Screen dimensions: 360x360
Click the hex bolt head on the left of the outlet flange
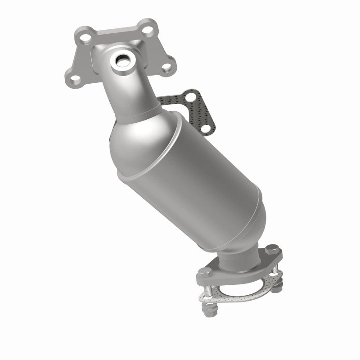pos(203,273)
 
